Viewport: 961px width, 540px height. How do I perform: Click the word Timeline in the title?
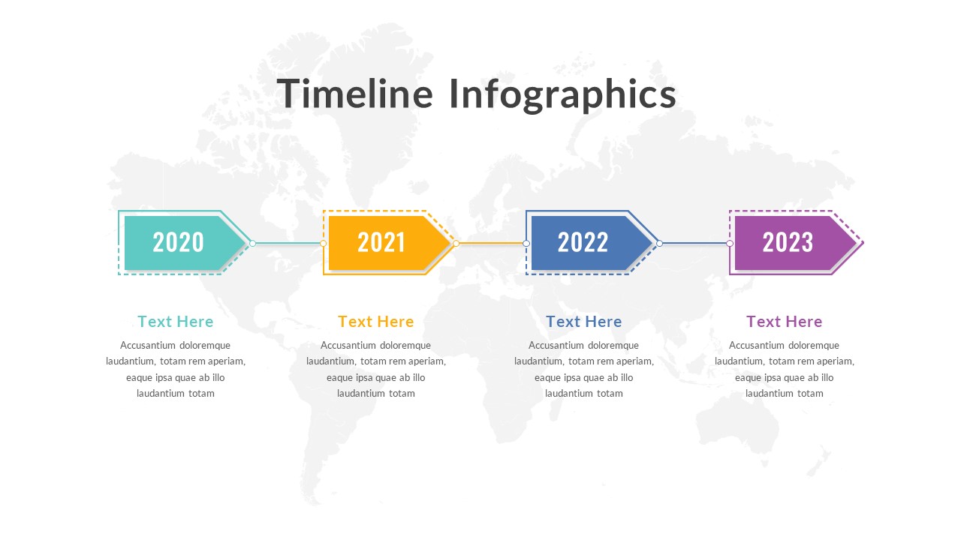click(355, 94)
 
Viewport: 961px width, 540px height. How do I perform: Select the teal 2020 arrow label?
click(179, 242)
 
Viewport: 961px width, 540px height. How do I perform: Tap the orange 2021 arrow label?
click(381, 242)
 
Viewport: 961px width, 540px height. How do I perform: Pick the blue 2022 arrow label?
click(583, 242)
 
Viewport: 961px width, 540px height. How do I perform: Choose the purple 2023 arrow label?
click(788, 242)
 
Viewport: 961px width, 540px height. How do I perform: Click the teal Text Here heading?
click(176, 322)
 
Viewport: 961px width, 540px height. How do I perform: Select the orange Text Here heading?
click(375, 322)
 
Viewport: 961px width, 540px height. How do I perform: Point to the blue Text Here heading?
click(583, 322)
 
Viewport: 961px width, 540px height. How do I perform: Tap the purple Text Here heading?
click(784, 322)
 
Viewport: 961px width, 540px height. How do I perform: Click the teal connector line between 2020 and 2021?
click(288, 243)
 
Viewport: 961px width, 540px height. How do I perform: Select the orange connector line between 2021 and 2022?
click(491, 243)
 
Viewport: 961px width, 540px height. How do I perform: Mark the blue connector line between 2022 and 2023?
click(694, 243)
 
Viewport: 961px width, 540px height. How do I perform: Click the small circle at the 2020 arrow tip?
click(252, 243)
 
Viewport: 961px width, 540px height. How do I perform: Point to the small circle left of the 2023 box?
click(730, 243)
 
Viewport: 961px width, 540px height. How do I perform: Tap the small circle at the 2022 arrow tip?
click(659, 243)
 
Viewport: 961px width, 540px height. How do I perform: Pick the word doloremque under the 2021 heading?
click(405, 346)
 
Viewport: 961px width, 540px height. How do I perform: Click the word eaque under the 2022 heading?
click(547, 378)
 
